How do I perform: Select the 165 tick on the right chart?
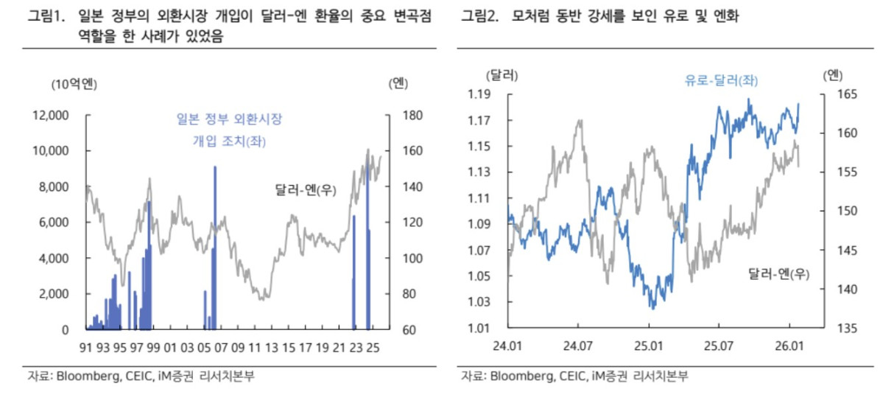pos(847,94)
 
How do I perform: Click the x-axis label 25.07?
pos(719,346)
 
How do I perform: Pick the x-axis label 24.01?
pos(508,346)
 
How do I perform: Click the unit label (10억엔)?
pos(74,83)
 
